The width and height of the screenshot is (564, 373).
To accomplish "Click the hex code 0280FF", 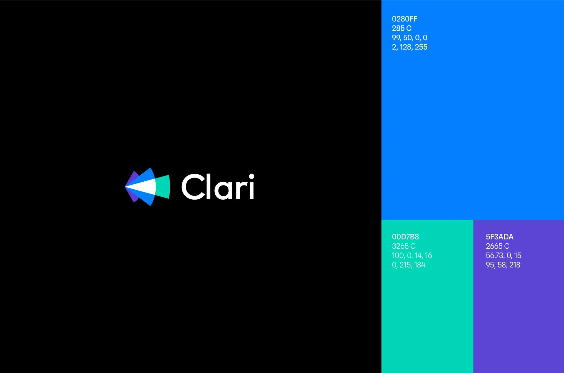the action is (x=404, y=19).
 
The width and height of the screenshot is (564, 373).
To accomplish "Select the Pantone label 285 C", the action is (x=402, y=29).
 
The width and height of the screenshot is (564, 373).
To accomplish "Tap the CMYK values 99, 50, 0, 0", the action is (x=409, y=38).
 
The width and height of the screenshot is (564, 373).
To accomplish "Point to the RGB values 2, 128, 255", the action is (x=409, y=47).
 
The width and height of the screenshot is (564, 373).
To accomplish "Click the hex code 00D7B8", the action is (x=405, y=237).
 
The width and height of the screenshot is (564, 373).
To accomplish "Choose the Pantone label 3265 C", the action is (x=404, y=246).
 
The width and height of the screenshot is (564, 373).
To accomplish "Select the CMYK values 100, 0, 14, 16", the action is (x=412, y=256).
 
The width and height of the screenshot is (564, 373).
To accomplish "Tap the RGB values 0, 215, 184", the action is (x=409, y=265).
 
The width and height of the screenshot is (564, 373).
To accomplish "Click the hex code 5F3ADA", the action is (x=500, y=237).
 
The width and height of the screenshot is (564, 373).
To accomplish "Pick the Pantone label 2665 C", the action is (x=498, y=246).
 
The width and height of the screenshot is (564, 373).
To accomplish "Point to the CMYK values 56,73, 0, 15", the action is (x=503, y=256).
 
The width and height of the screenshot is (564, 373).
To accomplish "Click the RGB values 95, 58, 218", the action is (x=503, y=265).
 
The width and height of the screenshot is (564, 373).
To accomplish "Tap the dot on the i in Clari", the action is (x=251, y=176).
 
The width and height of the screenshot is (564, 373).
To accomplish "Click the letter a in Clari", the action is (x=223, y=190).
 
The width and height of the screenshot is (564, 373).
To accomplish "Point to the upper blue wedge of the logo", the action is (x=145, y=177).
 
